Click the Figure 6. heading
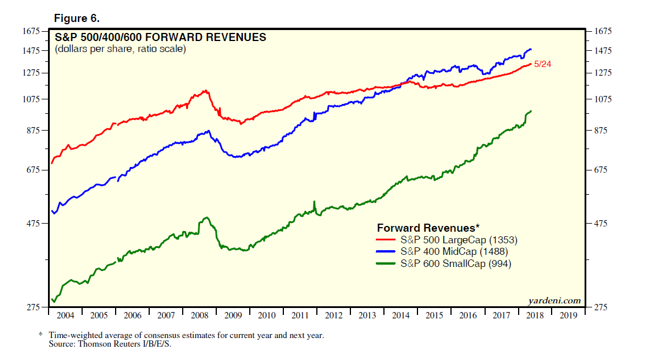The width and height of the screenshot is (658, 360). coord(77,18)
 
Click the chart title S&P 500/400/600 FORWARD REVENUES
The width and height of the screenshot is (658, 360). coord(160,38)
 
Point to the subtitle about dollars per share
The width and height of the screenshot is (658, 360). coord(120,50)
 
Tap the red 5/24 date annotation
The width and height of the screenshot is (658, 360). coord(542,64)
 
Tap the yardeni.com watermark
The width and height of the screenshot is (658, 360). coord(554,300)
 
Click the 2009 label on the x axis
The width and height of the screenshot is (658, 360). coord(233,316)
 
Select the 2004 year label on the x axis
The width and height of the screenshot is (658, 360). coord(65,316)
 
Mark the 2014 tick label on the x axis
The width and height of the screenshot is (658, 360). coord(401,316)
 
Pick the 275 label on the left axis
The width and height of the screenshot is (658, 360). coord(33,307)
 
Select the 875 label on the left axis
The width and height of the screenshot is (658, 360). coord(33,131)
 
